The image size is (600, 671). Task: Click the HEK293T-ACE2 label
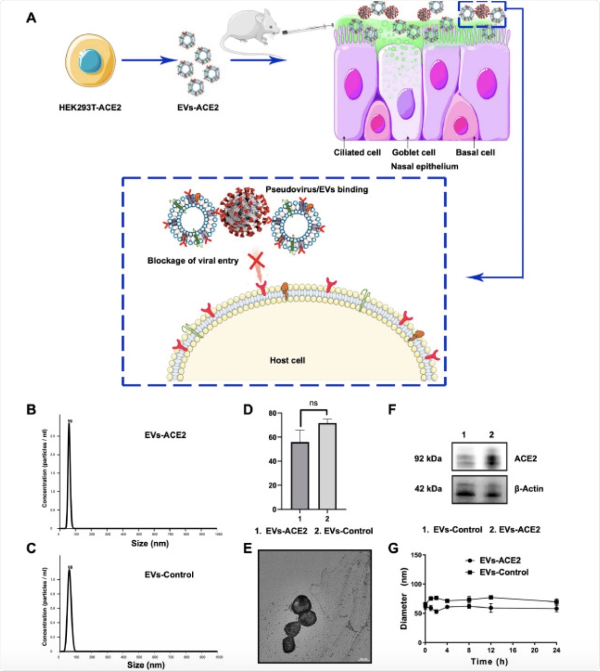tap(90, 108)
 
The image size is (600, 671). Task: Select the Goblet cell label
tap(413, 153)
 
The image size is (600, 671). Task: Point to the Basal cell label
tap(475, 153)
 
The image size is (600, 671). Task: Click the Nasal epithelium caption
tap(424, 167)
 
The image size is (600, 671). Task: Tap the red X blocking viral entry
tap(257, 261)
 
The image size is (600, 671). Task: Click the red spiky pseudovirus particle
tap(244, 211)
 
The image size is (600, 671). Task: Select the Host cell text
tap(287, 360)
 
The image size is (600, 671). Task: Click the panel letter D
tap(248, 410)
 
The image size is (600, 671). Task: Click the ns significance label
tap(313, 403)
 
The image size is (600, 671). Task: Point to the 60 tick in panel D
tap(272, 437)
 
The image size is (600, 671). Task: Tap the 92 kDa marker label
tap(428, 459)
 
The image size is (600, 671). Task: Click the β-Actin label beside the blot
tap(529, 489)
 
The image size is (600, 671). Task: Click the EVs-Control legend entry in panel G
tap(503, 573)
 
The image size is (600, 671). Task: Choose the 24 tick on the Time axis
tap(556, 650)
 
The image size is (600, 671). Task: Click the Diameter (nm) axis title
tap(404, 598)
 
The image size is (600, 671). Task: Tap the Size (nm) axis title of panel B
tap(150, 543)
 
